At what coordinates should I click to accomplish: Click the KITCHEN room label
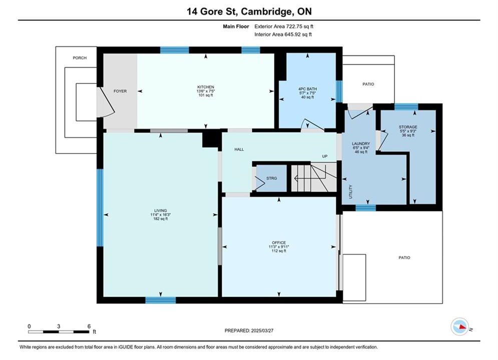click(206, 87)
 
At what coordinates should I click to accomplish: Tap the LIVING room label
click(160, 210)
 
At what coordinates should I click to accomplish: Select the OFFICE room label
click(279, 242)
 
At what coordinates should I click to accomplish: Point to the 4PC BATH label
click(307, 89)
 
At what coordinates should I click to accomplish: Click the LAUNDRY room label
click(361, 143)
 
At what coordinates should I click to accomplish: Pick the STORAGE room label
click(408, 127)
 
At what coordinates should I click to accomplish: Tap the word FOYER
click(120, 91)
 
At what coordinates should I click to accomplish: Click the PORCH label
click(80, 57)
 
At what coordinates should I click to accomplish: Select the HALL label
click(239, 149)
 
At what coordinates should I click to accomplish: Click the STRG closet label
click(272, 178)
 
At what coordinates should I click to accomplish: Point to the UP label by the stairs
click(325, 156)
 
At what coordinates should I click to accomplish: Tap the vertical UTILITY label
click(351, 192)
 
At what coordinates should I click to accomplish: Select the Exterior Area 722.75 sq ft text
click(284, 26)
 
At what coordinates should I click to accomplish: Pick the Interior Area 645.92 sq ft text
click(283, 34)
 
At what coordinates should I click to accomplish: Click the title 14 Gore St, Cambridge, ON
click(249, 11)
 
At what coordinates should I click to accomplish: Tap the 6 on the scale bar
click(89, 326)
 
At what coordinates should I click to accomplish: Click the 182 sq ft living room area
click(160, 218)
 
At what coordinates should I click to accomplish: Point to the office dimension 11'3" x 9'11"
click(279, 247)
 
